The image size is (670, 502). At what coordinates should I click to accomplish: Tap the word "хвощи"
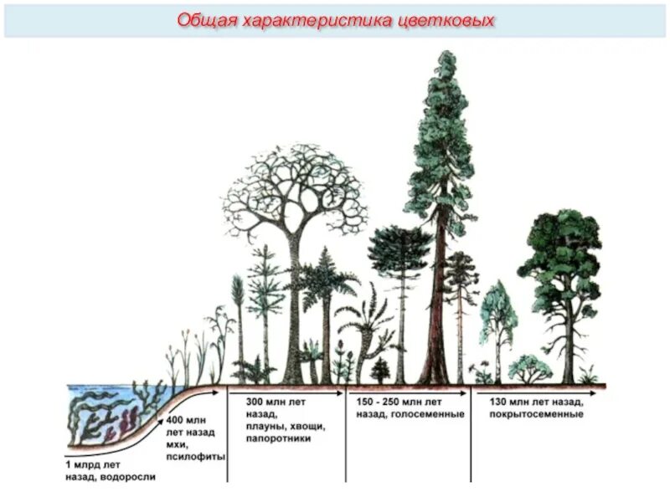click(x=306, y=426)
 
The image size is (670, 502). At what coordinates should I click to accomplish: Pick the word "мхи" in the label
click(x=175, y=444)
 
